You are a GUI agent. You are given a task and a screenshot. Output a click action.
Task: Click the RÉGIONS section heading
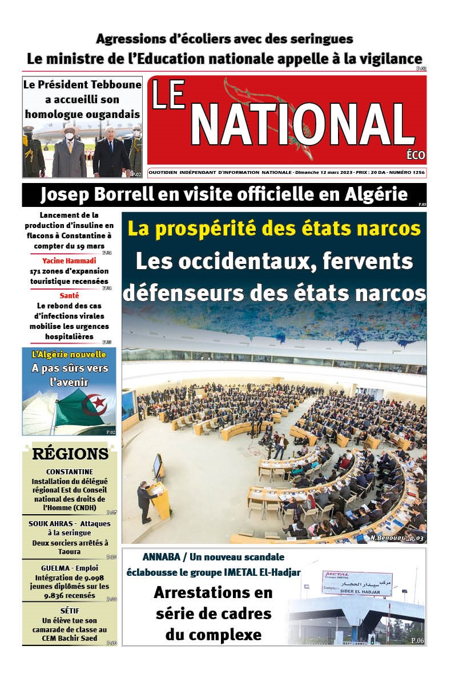coord(70,454)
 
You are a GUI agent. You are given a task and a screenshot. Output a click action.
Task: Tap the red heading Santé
coord(69,295)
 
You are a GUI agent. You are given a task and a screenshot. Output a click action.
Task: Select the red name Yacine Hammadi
coord(69,260)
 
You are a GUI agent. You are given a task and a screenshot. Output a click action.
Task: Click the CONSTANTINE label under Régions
coord(70,471)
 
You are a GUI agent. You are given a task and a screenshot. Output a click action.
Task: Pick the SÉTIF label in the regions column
coord(70,611)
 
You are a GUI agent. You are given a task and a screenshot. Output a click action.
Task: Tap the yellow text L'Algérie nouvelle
coord(69,355)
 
